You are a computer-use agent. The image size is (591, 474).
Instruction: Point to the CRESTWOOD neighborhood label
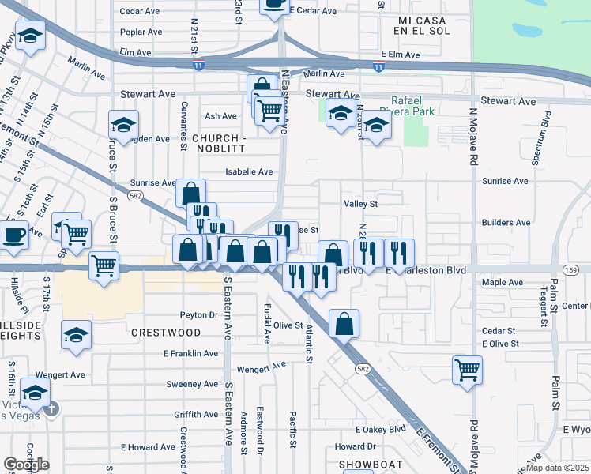pos(167,333)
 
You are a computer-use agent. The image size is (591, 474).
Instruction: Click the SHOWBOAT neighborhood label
pos(371,465)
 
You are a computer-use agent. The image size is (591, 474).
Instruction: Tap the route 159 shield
pos(572,270)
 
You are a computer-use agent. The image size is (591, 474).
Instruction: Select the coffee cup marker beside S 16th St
pos(14,235)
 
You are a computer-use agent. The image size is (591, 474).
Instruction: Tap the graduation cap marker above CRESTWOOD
pos(77,336)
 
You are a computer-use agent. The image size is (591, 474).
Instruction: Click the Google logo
pos(27,465)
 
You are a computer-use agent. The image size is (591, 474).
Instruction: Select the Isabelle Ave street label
pos(249,171)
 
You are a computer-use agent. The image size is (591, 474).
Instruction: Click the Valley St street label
pos(361,204)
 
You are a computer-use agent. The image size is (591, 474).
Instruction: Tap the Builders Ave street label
pos(505,224)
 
